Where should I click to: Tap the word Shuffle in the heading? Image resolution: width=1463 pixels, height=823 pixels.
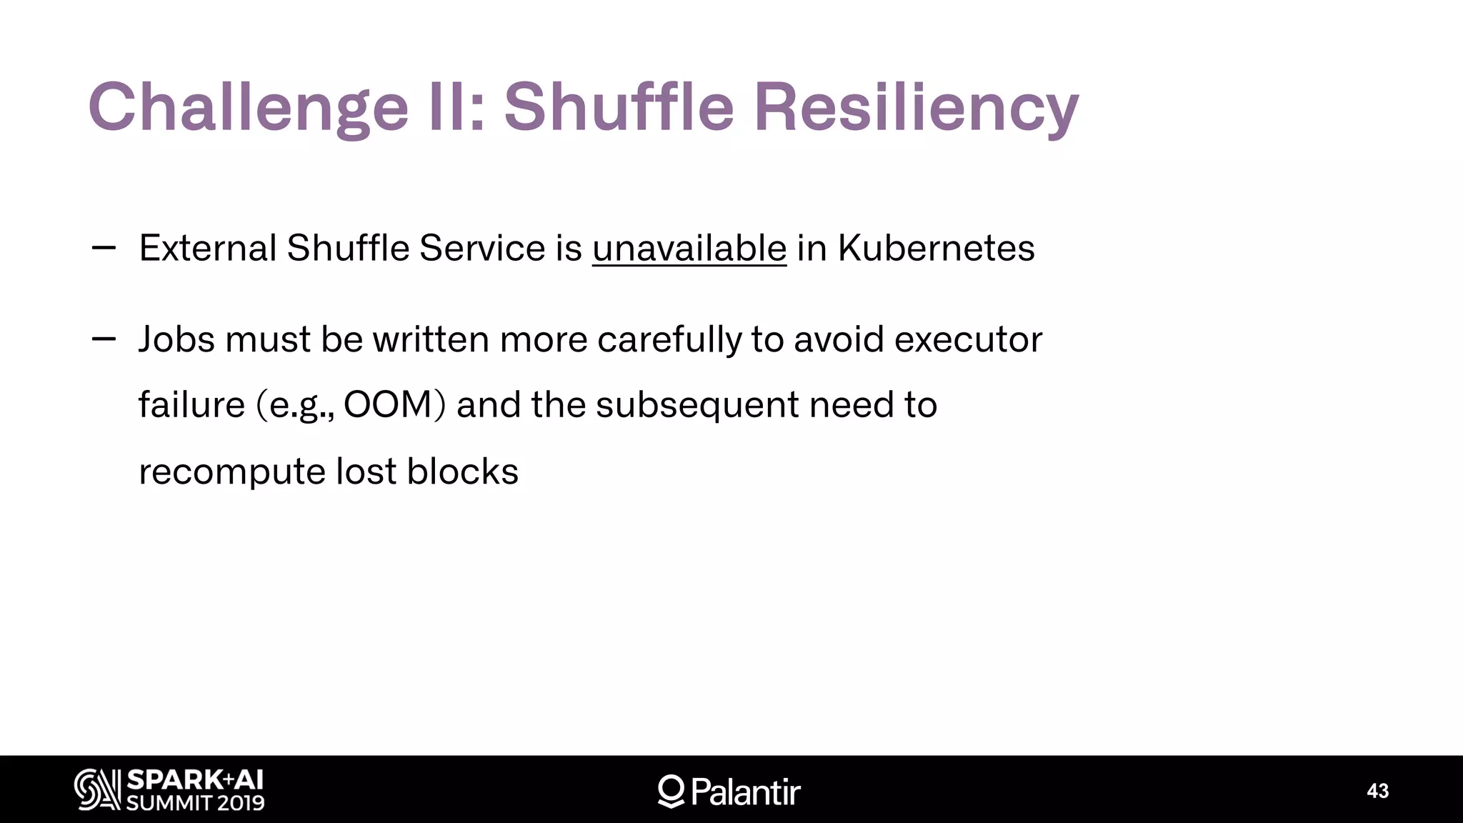click(x=619, y=107)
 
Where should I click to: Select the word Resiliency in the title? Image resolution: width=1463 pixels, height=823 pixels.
click(x=916, y=107)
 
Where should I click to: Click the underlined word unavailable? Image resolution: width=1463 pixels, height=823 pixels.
click(x=689, y=249)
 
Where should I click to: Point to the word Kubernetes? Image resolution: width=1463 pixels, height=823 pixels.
click(x=936, y=249)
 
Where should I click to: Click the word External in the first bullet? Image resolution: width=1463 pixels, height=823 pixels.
click(x=208, y=249)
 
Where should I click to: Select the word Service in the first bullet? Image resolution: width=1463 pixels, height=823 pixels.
click(x=482, y=249)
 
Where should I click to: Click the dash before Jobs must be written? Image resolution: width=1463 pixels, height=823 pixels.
click(x=104, y=339)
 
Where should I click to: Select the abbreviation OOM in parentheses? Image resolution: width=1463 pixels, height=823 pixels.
click(x=388, y=405)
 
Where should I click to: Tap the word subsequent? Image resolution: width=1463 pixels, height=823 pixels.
click(x=697, y=405)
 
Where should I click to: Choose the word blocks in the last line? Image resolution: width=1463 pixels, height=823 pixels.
click(x=462, y=472)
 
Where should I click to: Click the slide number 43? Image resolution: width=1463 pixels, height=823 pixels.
click(x=1377, y=791)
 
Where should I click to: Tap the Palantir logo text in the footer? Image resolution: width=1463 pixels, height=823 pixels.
click(x=745, y=792)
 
